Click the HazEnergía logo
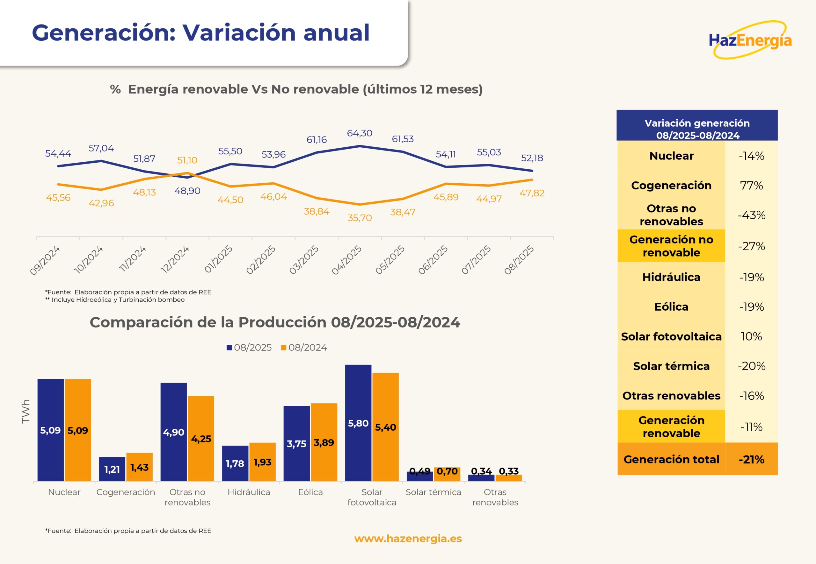[750, 40]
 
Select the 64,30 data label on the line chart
[360, 133]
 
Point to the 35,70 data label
[360, 218]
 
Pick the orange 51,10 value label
[187, 160]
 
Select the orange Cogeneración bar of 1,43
[139, 467]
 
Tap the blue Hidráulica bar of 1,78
[235, 463]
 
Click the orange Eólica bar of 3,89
[324, 442]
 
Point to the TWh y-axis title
[26, 411]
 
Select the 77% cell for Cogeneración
[751, 186]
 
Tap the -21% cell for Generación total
[751, 459]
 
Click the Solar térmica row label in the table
[671, 366]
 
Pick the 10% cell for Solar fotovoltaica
[751, 336]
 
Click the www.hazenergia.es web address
[408, 539]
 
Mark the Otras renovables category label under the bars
[495, 497]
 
